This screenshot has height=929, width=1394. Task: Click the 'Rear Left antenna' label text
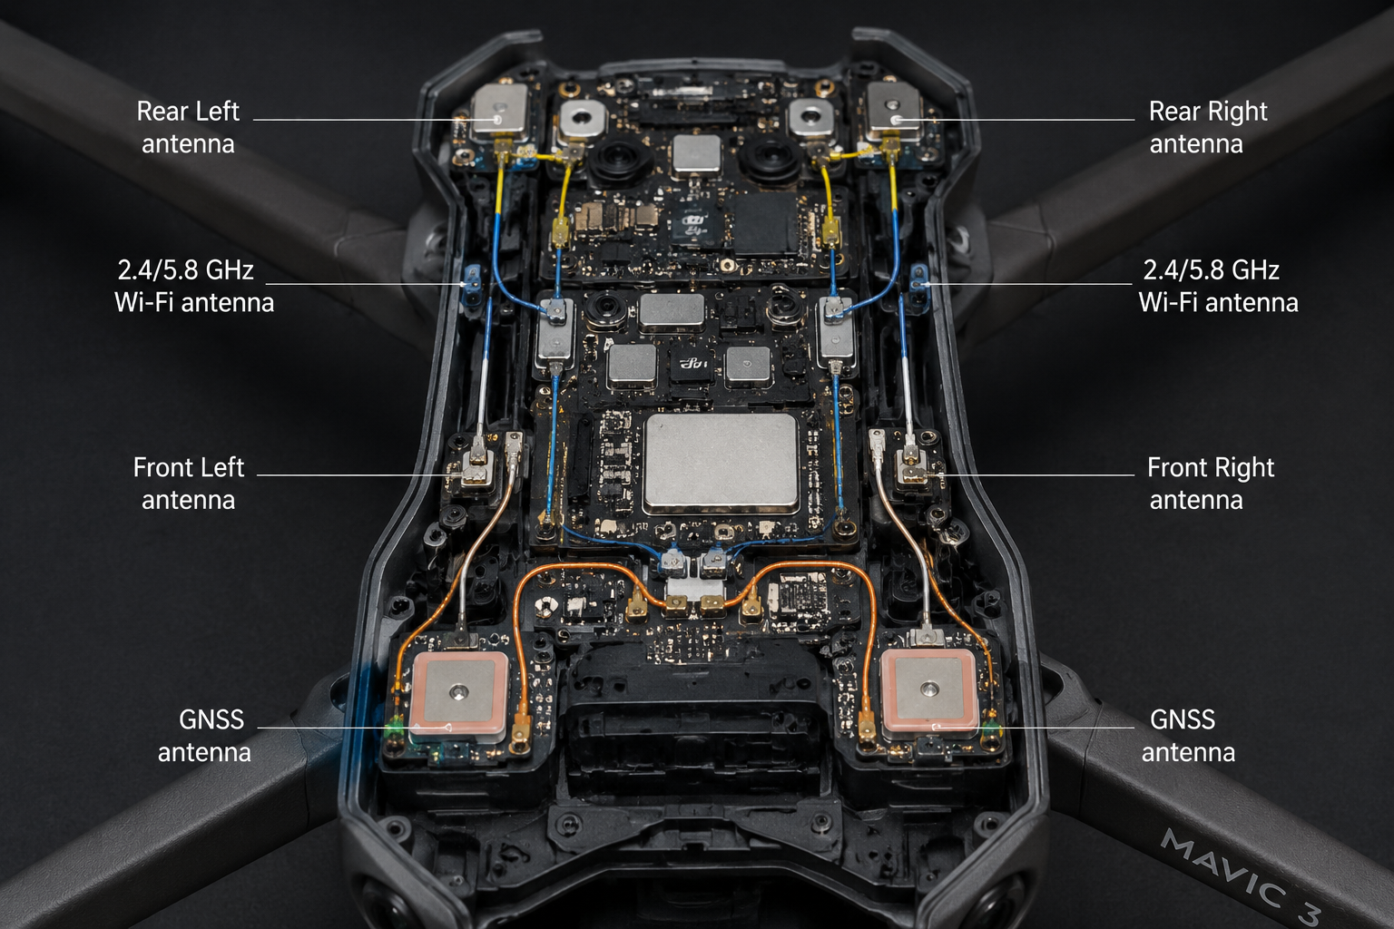pos(188,128)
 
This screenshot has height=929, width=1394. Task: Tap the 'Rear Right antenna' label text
pos(1208,128)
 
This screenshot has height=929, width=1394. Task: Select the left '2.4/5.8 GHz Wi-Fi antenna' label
pos(193,286)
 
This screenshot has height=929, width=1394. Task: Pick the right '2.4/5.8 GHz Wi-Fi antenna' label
pos(1218,286)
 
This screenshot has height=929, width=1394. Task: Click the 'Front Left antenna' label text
pos(188,484)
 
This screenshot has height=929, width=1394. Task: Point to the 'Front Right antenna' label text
pos(1211,484)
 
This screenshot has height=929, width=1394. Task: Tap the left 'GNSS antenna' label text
pos(204,736)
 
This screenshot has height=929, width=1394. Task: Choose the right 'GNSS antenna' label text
pos(1188,736)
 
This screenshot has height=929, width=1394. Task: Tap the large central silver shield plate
pos(721,463)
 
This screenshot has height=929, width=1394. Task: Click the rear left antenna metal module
pos(500,112)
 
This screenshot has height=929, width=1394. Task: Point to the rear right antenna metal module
pos(894,112)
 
